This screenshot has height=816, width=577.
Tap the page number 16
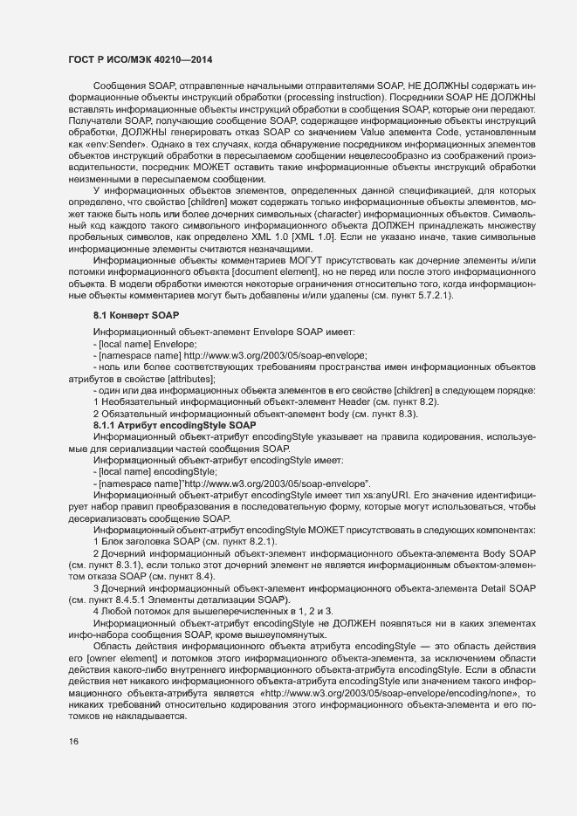point(73,742)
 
